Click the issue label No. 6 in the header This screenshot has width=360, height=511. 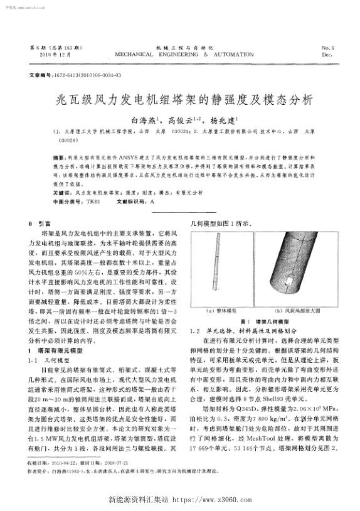pos(327,48)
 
